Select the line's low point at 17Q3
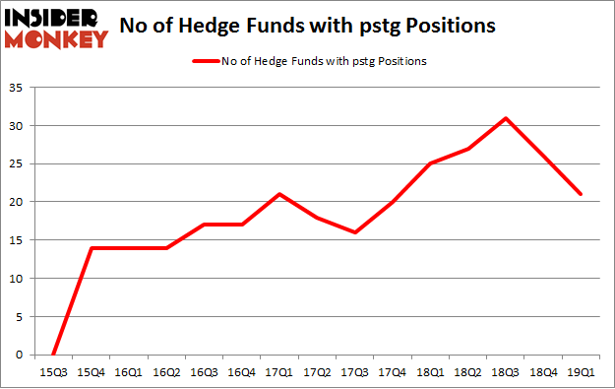pyautogui.click(x=354, y=232)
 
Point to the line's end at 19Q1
pyautogui.click(x=581, y=194)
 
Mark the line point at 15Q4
pyautogui.click(x=92, y=247)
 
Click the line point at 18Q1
pyautogui.click(x=430, y=163)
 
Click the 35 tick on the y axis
pyautogui.click(x=18, y=88)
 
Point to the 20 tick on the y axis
pyautogui.click(x=18, y=202)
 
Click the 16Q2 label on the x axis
pyautogui.click(x=166, y=372)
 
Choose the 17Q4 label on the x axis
pyautogui.click(x=392, y=372)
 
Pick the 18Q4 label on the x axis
pyautogui.click(x=542, y=372)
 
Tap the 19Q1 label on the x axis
pyautogui.click(x=581, y=372)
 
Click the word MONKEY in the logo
pyautogui.click(x=56, y=39)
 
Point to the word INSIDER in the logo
pyautogui.click(x=56, y=17)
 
